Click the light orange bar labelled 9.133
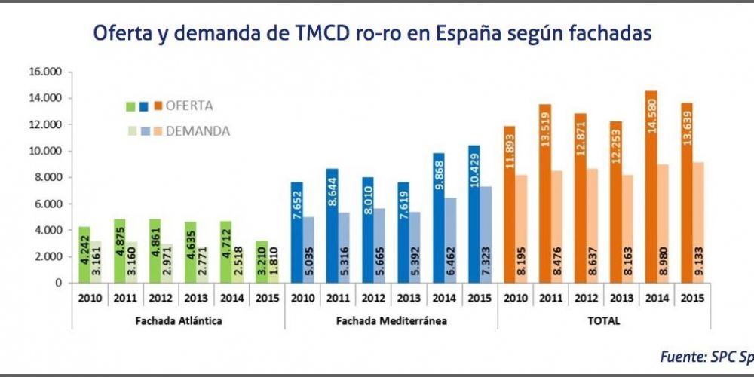700,222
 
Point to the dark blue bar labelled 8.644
333,225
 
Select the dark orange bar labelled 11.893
509,204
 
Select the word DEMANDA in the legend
198,131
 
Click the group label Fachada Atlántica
178,320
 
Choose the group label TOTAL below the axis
603,320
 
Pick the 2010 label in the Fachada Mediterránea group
302,296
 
